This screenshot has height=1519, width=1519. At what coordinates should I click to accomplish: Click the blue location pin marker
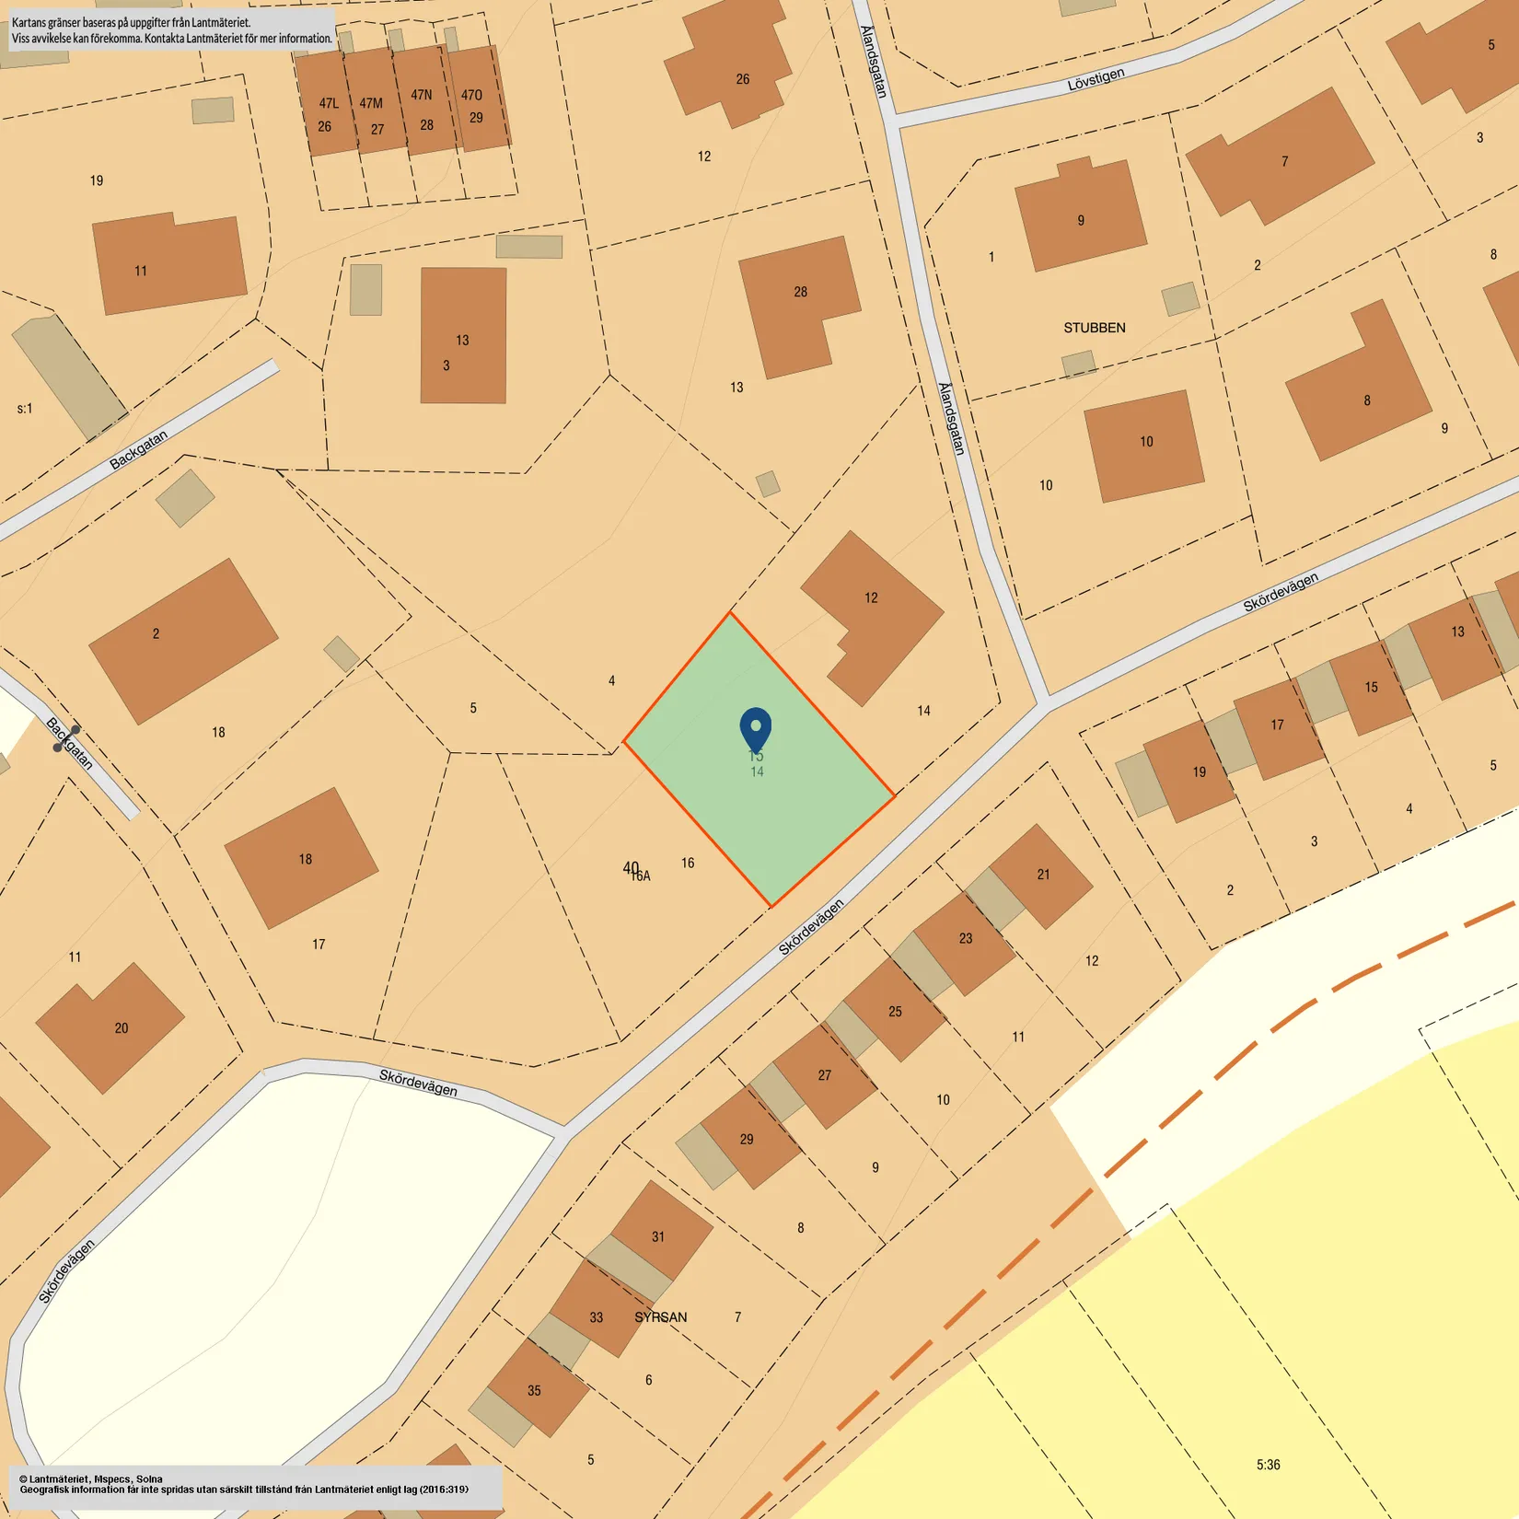756,727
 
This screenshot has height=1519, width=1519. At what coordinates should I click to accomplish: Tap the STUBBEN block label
1094,328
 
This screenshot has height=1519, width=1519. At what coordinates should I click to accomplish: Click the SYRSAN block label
660,1317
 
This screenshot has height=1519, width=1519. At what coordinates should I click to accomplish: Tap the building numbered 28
799,304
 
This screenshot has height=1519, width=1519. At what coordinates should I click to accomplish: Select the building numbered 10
1144,445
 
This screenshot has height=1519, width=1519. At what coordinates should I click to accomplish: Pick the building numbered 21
1041,875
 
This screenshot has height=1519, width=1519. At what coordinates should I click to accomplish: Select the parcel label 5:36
1268,1464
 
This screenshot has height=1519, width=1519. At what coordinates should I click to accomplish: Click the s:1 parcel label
25,408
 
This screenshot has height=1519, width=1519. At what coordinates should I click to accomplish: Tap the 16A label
641,876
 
